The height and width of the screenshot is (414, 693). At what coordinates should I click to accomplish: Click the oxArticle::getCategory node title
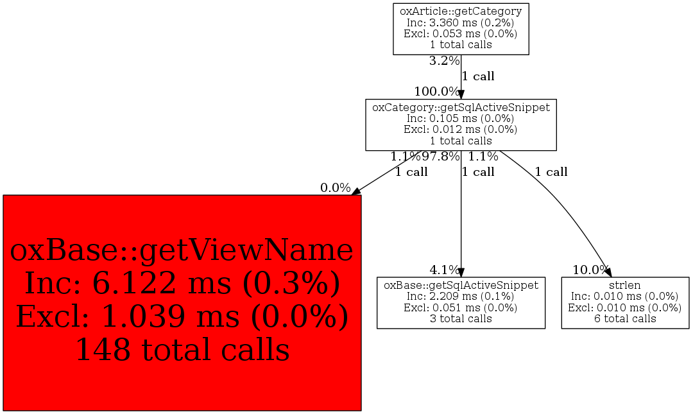click(461, 11)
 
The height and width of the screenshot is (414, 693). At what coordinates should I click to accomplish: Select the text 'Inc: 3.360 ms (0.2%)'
click(461, 22)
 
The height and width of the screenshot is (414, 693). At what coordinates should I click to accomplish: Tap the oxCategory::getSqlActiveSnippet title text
click(461, 107)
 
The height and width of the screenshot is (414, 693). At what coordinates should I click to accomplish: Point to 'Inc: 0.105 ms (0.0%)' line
click(461, 119)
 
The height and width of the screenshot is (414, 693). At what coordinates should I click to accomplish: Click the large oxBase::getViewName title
click(182, 250)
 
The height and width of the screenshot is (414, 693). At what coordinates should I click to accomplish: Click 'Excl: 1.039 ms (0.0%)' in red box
click(182, 316)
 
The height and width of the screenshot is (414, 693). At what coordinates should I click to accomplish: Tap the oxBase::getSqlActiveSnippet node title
click(461, 285)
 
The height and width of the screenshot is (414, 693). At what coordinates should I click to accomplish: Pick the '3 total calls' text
click(461, 319)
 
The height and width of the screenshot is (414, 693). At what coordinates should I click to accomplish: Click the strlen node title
click(625, 285)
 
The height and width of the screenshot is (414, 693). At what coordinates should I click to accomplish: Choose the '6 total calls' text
click(625, 319)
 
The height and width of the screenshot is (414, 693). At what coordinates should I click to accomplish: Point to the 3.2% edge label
click(444, 61)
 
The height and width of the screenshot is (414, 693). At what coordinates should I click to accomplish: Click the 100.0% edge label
click(437, 92)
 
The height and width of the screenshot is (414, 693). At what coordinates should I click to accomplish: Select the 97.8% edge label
click(441, 156)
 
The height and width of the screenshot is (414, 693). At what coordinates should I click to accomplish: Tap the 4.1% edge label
click(445, 270)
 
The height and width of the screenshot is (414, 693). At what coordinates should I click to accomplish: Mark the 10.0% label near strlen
click(591, 270)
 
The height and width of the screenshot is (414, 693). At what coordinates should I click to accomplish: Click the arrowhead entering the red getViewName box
click(356, 191)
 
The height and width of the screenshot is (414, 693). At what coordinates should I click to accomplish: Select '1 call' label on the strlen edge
click(551, 171)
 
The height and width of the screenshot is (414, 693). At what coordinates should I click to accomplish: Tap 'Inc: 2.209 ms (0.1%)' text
click(461, 297)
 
